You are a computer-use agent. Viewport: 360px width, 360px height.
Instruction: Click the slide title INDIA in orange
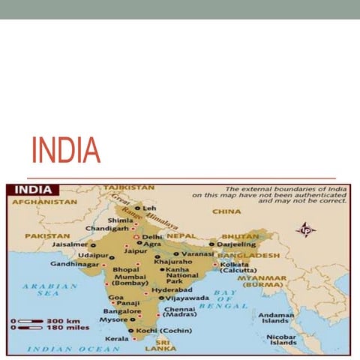click(66, 150)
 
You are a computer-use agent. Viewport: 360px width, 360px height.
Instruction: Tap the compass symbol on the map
click(305, 230)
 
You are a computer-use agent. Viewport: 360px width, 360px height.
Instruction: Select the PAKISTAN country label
click(47, 235)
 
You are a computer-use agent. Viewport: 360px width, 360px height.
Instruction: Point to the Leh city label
click(150, 208)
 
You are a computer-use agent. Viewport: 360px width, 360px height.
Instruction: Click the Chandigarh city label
click(106, 228)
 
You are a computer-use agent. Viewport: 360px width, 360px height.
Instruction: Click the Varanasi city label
click(198, 253)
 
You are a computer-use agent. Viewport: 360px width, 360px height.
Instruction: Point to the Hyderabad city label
click(172, 289)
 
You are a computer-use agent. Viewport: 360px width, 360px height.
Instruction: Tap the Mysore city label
click(115, 319)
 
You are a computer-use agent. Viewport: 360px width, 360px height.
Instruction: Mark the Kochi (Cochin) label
click(164, 330)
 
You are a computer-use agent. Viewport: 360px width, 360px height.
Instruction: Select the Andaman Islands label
click(277, 319)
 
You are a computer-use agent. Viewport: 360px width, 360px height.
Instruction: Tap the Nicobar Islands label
click(283, 340)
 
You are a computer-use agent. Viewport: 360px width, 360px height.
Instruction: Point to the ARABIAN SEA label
click(49, 289)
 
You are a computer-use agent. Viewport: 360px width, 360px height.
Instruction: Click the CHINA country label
click(226, 211)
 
